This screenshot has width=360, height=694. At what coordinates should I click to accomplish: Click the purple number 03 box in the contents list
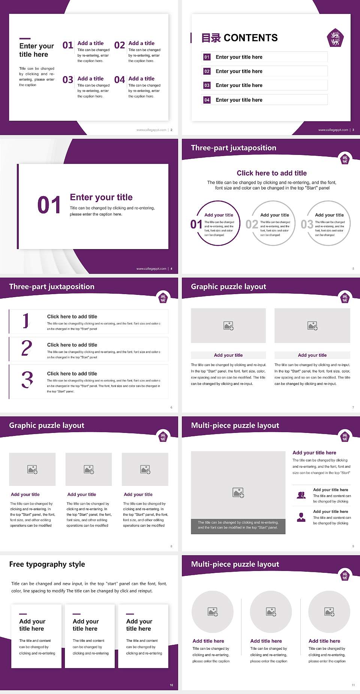click(207, 86)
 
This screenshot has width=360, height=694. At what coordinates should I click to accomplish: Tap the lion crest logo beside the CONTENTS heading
click(335, 38)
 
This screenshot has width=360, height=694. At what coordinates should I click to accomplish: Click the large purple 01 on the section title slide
click(49, 205)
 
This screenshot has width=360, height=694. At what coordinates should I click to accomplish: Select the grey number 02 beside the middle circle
click(252, 224)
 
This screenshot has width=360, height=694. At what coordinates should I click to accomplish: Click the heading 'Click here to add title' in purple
click(271, 173)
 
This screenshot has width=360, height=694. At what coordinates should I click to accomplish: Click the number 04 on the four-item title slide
click(120, 80)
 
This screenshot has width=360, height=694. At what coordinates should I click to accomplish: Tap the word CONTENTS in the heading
click(250, 38)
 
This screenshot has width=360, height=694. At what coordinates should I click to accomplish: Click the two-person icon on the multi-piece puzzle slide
click(301, 495)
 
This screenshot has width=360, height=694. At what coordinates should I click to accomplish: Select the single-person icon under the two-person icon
click(301, 517)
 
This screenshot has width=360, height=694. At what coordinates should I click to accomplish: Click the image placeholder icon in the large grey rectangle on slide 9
click(238, 493)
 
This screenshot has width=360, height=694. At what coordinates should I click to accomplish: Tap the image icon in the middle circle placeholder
click(271, 612)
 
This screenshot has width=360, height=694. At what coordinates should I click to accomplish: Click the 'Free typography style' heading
click(47, 564)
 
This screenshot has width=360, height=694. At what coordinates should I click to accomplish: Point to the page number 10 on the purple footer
click(171, 685)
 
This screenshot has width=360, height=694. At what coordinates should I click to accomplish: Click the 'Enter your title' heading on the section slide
click(101, 197)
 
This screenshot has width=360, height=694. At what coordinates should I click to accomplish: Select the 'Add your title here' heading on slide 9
click(314, 453)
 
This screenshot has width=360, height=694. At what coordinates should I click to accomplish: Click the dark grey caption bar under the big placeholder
click(238, 525)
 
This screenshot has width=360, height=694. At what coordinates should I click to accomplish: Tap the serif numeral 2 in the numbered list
click(27, 348)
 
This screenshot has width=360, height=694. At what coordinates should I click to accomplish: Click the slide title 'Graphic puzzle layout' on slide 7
click(228, 287)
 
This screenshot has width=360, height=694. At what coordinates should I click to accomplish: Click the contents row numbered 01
click(264, 57)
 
